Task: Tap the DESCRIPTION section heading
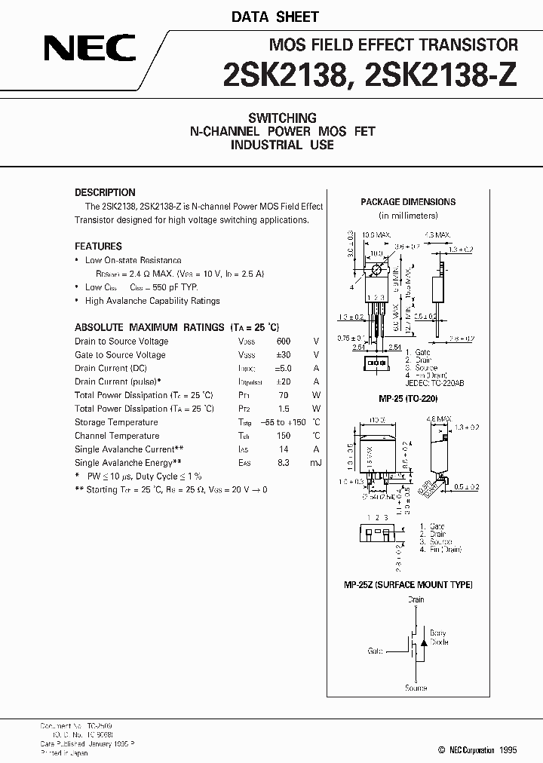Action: click(105, 192)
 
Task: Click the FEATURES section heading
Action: click(98, 246)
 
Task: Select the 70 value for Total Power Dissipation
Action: click(284, 395)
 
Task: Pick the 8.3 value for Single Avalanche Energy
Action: click(284, 463)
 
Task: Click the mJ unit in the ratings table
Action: click(315, 463)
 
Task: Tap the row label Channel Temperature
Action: click(117, 436)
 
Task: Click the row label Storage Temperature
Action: click(116, 422)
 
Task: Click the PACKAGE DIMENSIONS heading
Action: click(408, 202)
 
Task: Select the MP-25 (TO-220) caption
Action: click(408, 398)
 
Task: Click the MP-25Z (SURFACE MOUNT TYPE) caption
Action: click(409, 585)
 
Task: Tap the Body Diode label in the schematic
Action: click(438, 638)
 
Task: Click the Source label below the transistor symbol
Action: click(416, 688)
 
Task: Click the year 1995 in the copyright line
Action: click(508, 750)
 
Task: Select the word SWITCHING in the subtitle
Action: click(282, 118)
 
